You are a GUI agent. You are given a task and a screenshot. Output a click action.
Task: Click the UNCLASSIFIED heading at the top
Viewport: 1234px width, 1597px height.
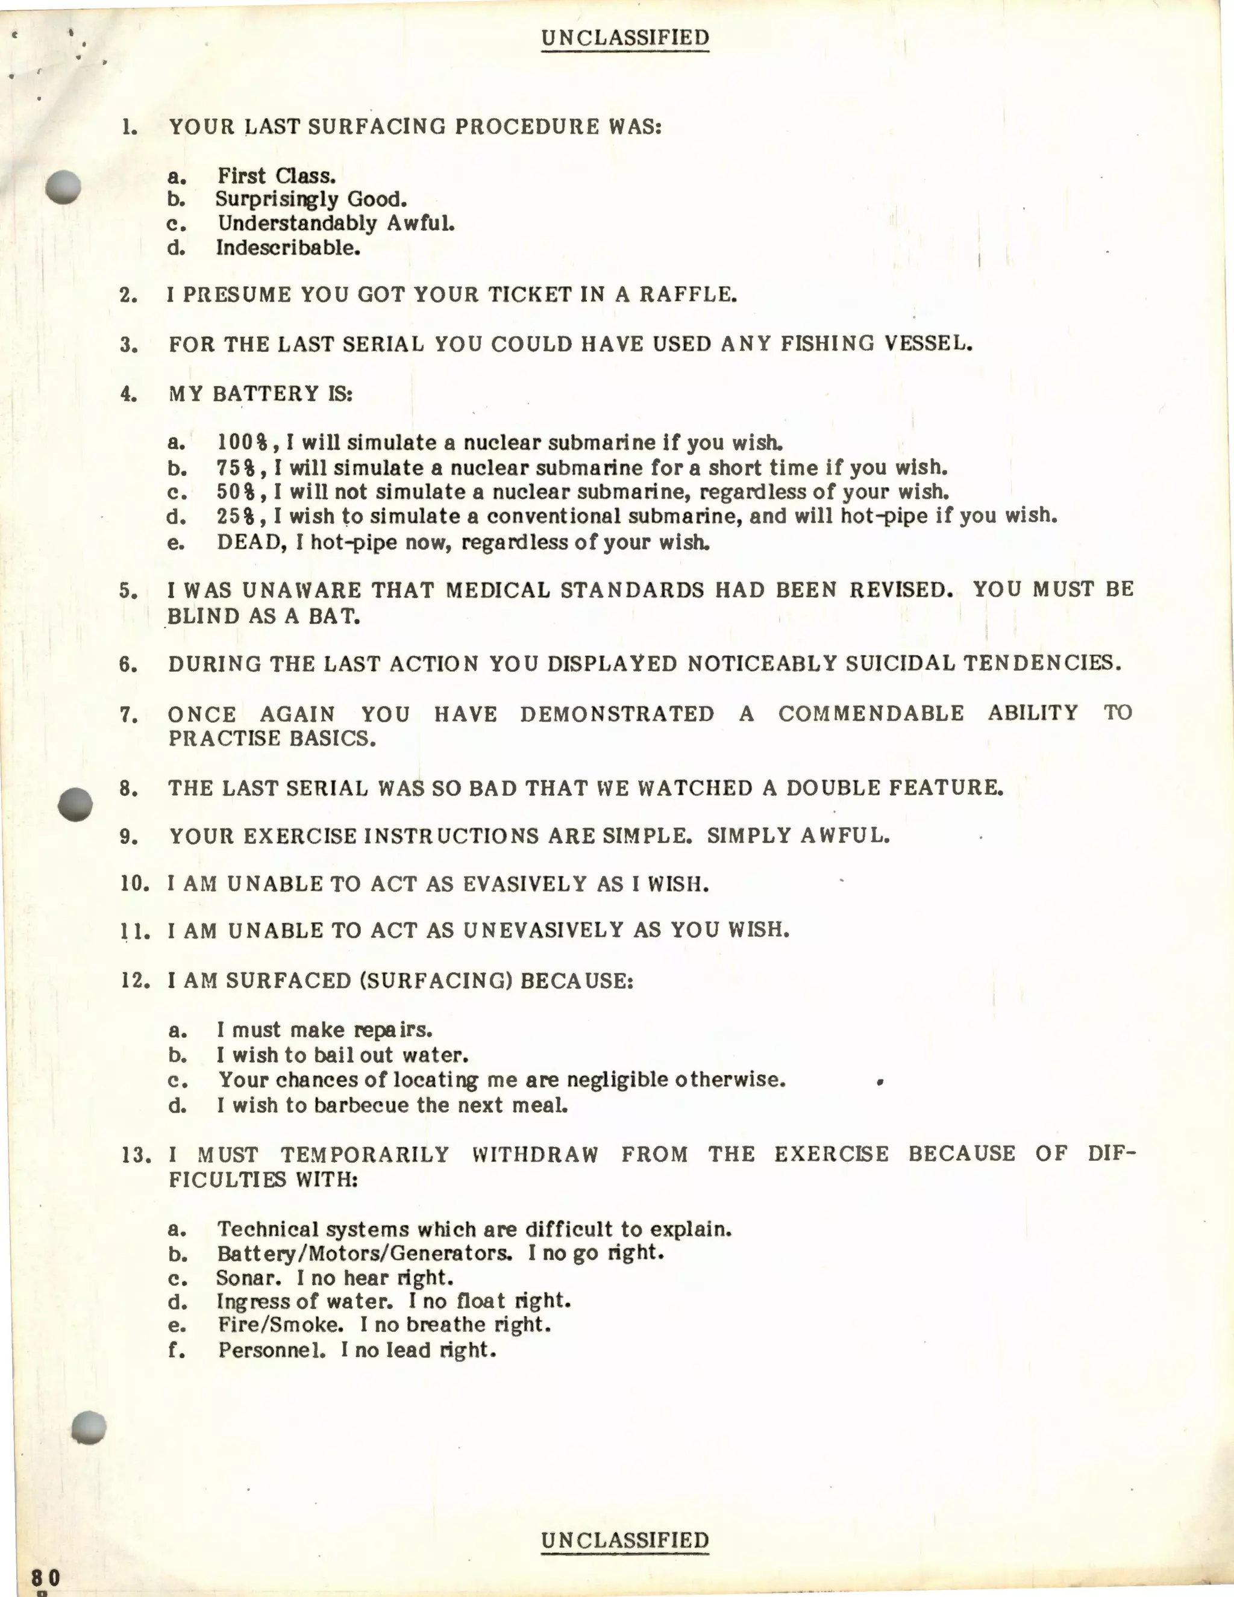point(625,38)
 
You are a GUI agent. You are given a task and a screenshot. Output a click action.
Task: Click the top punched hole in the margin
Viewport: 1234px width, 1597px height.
point(63,187)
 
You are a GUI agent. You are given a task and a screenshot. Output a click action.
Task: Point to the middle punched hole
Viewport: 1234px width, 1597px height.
point(75,804)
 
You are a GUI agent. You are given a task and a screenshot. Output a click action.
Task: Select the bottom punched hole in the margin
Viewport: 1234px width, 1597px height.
point(89,1427)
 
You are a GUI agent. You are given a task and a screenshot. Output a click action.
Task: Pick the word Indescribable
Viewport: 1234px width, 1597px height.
point(287,248)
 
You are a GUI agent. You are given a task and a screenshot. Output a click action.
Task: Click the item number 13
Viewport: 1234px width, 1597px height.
point(136,1155)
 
